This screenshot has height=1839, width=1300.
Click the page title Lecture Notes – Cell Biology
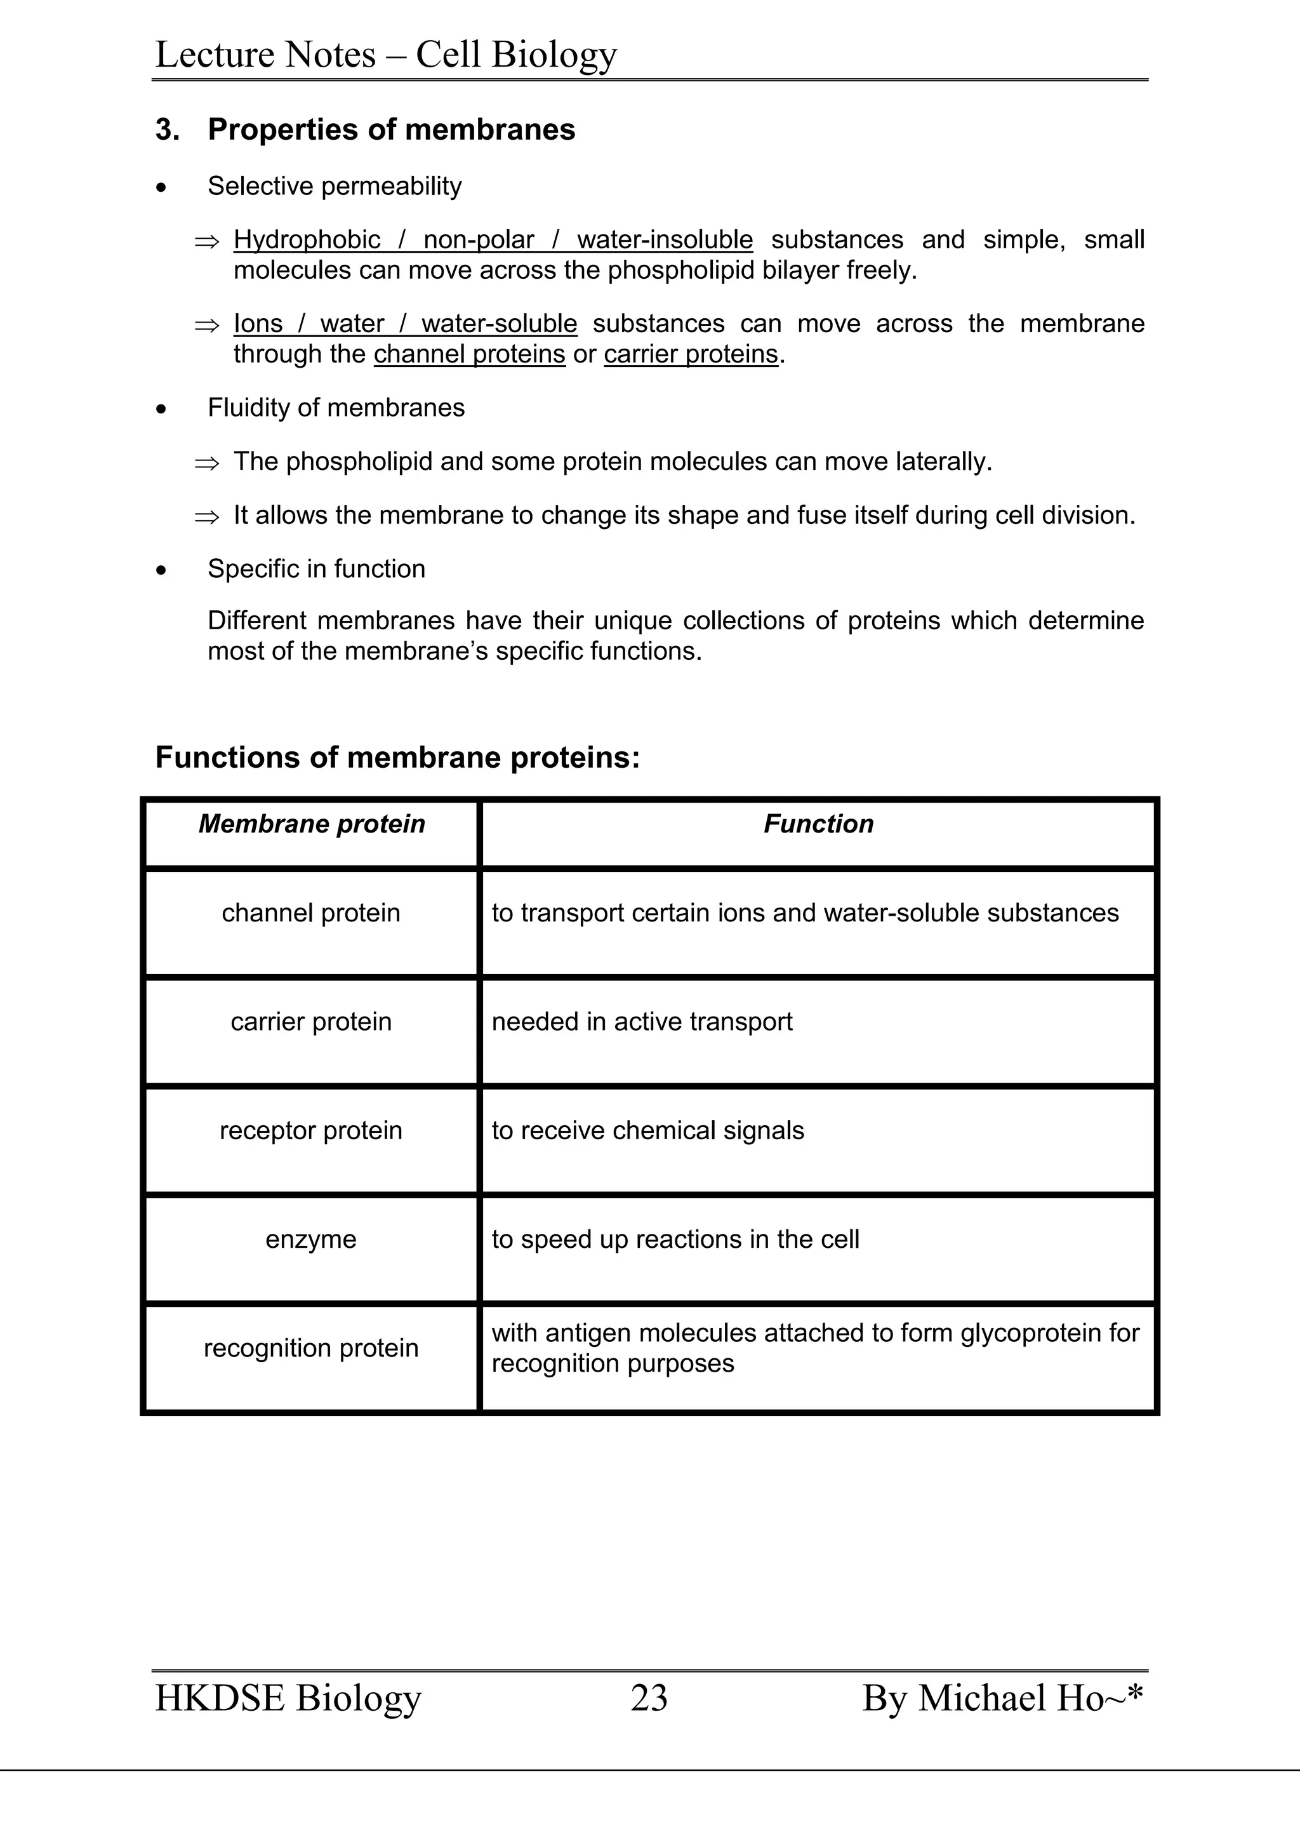pos(386,55)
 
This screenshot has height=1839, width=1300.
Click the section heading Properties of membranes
pos(390,130)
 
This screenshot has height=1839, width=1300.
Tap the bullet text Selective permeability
pos(334,186)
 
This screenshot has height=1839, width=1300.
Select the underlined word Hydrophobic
pos(307,239)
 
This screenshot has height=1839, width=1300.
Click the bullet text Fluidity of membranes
pos(335,408)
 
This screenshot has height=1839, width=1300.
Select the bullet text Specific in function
pos(316,569)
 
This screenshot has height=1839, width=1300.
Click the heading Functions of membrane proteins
pos(397,757)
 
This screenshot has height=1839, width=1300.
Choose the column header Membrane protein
pos(312,824)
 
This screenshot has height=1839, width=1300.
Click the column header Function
pos(818,824)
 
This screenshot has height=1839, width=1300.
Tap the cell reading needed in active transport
pos(641,1022)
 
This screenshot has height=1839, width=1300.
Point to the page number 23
pos(648,1698)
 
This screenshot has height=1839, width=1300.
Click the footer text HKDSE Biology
pos(288,1698)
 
